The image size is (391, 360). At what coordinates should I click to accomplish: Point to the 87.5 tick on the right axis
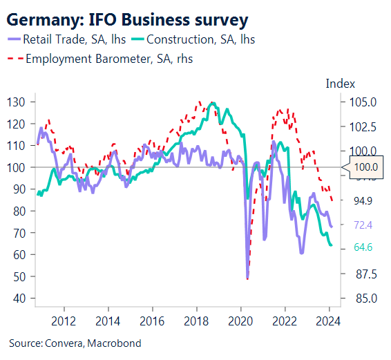[364, 274]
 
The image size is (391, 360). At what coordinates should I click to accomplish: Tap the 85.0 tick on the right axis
[364, 299]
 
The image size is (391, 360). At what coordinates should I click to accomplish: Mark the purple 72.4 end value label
[363, 225]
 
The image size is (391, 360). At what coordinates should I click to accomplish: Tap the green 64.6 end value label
[363, 247]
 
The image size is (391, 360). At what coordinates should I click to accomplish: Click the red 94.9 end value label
[363, 201]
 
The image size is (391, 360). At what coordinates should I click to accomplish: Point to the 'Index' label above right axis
[340, 84]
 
